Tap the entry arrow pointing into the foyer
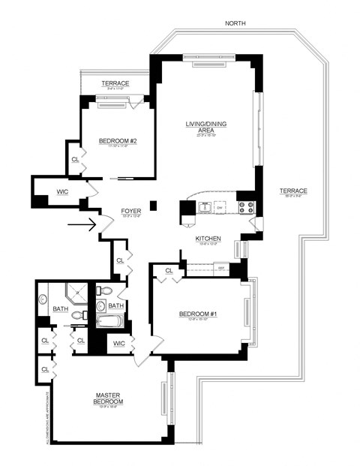pos(82,223)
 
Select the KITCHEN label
pos(207,239)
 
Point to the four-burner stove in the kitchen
pos(246,207)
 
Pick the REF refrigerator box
pos(220,267)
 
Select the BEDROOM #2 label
pos(116,140)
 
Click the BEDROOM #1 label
pos(198,314)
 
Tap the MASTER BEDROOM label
pos(109,398)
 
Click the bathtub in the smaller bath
pos(109,323)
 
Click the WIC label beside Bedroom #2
pos(62,192)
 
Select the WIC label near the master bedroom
pos(118,344)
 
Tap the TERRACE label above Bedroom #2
pos(116,83)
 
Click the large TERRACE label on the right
pos(293,191)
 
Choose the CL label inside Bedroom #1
pos(169,271)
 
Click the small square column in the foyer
pos(153,203)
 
